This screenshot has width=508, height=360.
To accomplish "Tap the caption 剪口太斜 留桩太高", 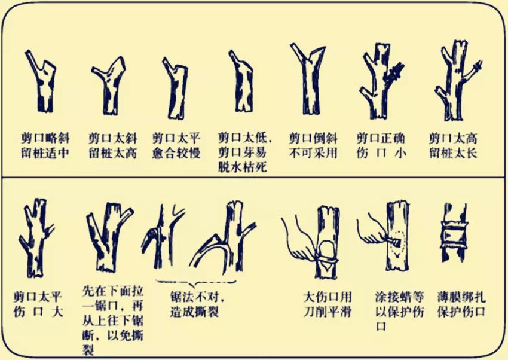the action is pos(113,146).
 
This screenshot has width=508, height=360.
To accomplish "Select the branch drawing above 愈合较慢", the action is pos(176,89).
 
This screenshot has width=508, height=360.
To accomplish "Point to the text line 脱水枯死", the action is pos(242,167).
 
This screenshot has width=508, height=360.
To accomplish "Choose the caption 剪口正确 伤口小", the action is pos(381,146).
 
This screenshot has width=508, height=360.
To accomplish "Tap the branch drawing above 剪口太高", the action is pos(457,81).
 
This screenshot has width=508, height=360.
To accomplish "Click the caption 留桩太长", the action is pos(453,153).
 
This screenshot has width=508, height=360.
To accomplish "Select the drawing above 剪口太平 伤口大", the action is pos(36,238).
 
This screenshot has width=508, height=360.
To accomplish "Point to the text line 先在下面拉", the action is pos(113,291).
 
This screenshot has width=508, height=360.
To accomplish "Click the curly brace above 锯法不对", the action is pos(196,283).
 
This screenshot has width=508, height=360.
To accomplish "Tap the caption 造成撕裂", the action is pos(195,312).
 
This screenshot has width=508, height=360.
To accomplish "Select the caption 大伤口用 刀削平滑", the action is pos(328,304).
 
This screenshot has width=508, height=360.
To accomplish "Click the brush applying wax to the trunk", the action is pos(392,240).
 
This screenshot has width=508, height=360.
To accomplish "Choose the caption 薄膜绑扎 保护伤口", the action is pos(461,304).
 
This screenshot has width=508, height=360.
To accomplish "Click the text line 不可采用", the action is pos(313,153).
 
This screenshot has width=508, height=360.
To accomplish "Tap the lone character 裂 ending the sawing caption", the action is pos(88,350).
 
